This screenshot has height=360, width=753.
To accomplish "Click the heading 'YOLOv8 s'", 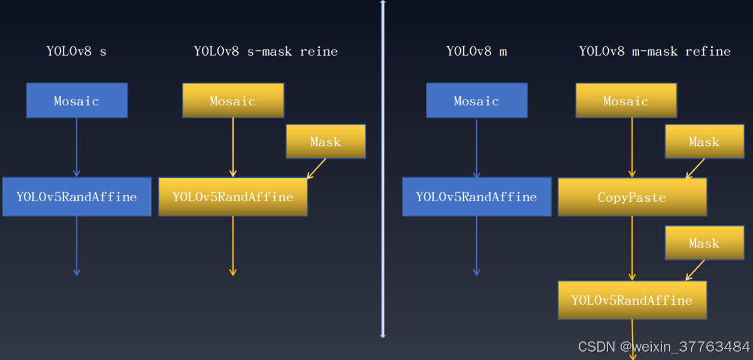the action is point(77,52).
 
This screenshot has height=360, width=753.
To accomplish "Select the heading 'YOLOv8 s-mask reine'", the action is point(266,52).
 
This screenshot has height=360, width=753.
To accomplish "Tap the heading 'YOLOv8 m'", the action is point(477,52).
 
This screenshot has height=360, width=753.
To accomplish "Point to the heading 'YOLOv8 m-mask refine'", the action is point(655,52).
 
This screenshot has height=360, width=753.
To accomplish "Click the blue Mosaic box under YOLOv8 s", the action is point(77,101).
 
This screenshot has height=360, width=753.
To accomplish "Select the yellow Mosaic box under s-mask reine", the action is point(233,101).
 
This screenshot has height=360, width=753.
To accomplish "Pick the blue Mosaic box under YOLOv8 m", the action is point(477,101).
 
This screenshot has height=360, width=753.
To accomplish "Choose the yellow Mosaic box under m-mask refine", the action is point(626,101).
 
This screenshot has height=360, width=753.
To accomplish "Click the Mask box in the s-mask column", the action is point(326,141).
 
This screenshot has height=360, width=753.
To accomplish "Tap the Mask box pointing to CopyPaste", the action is point(704,141).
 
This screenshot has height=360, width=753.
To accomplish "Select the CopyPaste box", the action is point(633,197).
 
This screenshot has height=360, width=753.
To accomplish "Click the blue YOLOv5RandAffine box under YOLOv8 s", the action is point(77,196).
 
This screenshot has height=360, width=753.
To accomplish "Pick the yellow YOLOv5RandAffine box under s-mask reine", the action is point(233,196).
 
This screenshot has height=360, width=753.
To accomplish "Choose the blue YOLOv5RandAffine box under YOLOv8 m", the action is point(477,196).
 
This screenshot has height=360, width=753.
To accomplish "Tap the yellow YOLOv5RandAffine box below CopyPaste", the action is point(633,300).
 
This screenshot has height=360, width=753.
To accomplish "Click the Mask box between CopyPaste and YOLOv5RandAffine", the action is point(704,243).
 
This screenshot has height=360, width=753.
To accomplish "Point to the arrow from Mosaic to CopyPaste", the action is point(632,147).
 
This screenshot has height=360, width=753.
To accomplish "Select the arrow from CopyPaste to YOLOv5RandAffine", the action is point(632,249).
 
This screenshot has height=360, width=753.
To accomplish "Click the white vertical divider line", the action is point(383,169).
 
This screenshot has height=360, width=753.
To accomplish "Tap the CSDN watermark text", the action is point(664,347).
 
